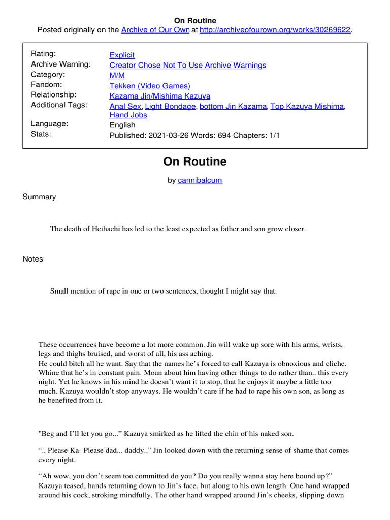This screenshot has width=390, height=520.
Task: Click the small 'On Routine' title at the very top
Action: (x=195, y=21)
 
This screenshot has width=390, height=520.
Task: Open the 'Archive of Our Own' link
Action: (x=155, y=30)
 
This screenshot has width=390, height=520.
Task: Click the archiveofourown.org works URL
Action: (x=275, y=30)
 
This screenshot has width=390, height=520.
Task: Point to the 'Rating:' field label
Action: (x=44, y=54)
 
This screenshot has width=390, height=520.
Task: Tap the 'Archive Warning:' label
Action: (x=61, y=64)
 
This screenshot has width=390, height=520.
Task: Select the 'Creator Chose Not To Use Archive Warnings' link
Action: (x=187, y=65)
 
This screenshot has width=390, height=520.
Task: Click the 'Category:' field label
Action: (x=48, y=74)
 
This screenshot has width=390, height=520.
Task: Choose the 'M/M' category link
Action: (x=117, y=75)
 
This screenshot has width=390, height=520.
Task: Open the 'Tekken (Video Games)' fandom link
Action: (x=150, y=86)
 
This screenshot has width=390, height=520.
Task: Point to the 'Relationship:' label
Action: (x=54, y=94)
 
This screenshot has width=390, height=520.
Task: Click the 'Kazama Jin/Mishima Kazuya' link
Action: (x=159, y=95)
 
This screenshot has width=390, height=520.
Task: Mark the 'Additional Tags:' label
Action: (x=59, y=105)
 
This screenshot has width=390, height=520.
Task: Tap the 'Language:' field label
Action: (x=50, y=123)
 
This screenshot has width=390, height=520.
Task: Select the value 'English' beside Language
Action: (x=122, y=125)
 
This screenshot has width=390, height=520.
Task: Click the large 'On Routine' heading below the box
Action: (x=195, y=162)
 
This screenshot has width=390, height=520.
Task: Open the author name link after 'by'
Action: (x=200, y=180)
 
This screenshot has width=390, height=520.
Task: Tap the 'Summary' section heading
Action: (x=39, y=197)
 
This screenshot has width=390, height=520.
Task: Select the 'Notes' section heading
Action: (x=32, y=259)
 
